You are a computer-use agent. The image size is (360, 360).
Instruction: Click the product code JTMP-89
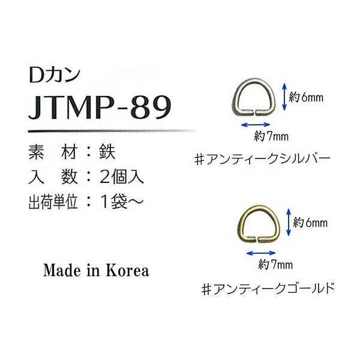tap(100, 107)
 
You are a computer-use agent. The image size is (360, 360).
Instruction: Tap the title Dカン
tap(55, 75)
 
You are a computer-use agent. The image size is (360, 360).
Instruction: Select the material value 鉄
tap(107, 152)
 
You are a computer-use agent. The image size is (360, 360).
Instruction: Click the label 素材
tap(52, 152)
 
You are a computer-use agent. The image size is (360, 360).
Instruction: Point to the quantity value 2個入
tap(121, 177)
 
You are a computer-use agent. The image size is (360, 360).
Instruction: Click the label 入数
tap(53, 177)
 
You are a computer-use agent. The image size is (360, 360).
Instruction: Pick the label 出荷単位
tap(53, 202)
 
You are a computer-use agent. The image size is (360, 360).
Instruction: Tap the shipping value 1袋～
tap(122, 202)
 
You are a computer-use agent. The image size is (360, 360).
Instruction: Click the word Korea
tap(127, 271)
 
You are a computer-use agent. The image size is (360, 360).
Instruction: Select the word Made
tap(62, 271)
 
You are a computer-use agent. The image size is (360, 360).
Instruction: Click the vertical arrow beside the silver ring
tap(284, 97)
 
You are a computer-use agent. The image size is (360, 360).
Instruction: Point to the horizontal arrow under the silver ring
tap(256, 125)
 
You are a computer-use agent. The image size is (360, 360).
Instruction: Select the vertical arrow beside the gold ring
tap(289, 223)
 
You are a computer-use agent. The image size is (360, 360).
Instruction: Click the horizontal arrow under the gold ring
tap(260, 253)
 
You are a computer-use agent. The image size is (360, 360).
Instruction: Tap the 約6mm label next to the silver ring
tap(306, 98)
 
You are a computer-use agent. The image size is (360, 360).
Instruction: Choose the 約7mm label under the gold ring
tap(275, 265)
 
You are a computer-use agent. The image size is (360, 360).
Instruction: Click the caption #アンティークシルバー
tap(262, 160)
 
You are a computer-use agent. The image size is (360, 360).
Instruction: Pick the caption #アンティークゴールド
tap(268, 289)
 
